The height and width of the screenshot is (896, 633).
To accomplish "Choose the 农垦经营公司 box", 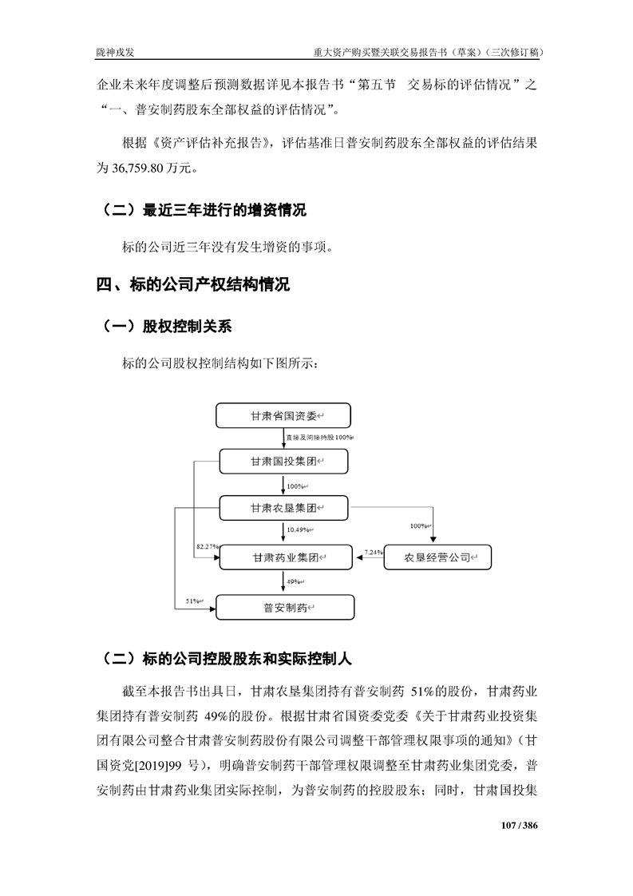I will [x=437, y=557].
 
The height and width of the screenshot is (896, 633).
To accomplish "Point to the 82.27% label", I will [x=207, y=546].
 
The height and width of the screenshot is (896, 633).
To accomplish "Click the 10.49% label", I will [x=299, y=530].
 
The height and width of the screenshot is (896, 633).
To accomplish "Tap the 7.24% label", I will [x=373, y=552].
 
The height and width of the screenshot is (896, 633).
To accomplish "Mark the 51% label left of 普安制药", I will [x=193, y=600].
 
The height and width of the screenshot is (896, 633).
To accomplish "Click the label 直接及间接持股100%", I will [x=319, y=438].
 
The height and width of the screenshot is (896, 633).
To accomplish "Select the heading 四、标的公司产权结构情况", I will [x=192, y=285].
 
